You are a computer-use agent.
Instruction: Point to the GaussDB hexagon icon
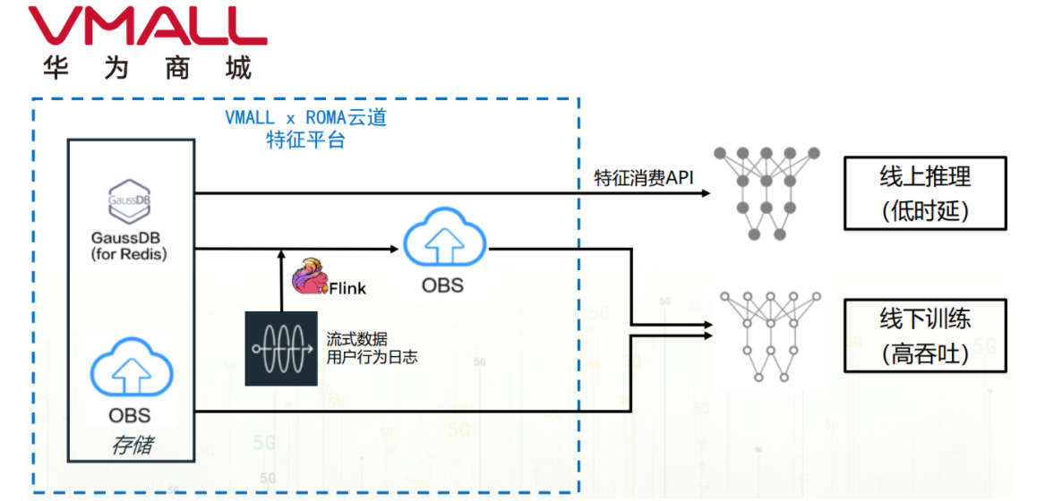pyautogui.click(x=130, y=201)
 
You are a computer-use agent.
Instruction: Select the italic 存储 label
pyautogui.click(x=131, y=445)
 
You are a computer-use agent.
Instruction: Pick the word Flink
pyautogui.click(x=347, y=288)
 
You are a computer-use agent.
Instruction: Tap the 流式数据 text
pyautogui.click(x=357, y=340)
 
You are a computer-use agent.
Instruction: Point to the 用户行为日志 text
pyautogui.click(x=372, y=358)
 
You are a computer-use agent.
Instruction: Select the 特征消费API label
pyautogui.click(x=645, y=178)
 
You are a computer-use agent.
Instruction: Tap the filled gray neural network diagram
pyautogui.click(x=767, y=193)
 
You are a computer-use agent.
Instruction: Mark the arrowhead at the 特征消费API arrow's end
pyautogui.click(x=707, y=192)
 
